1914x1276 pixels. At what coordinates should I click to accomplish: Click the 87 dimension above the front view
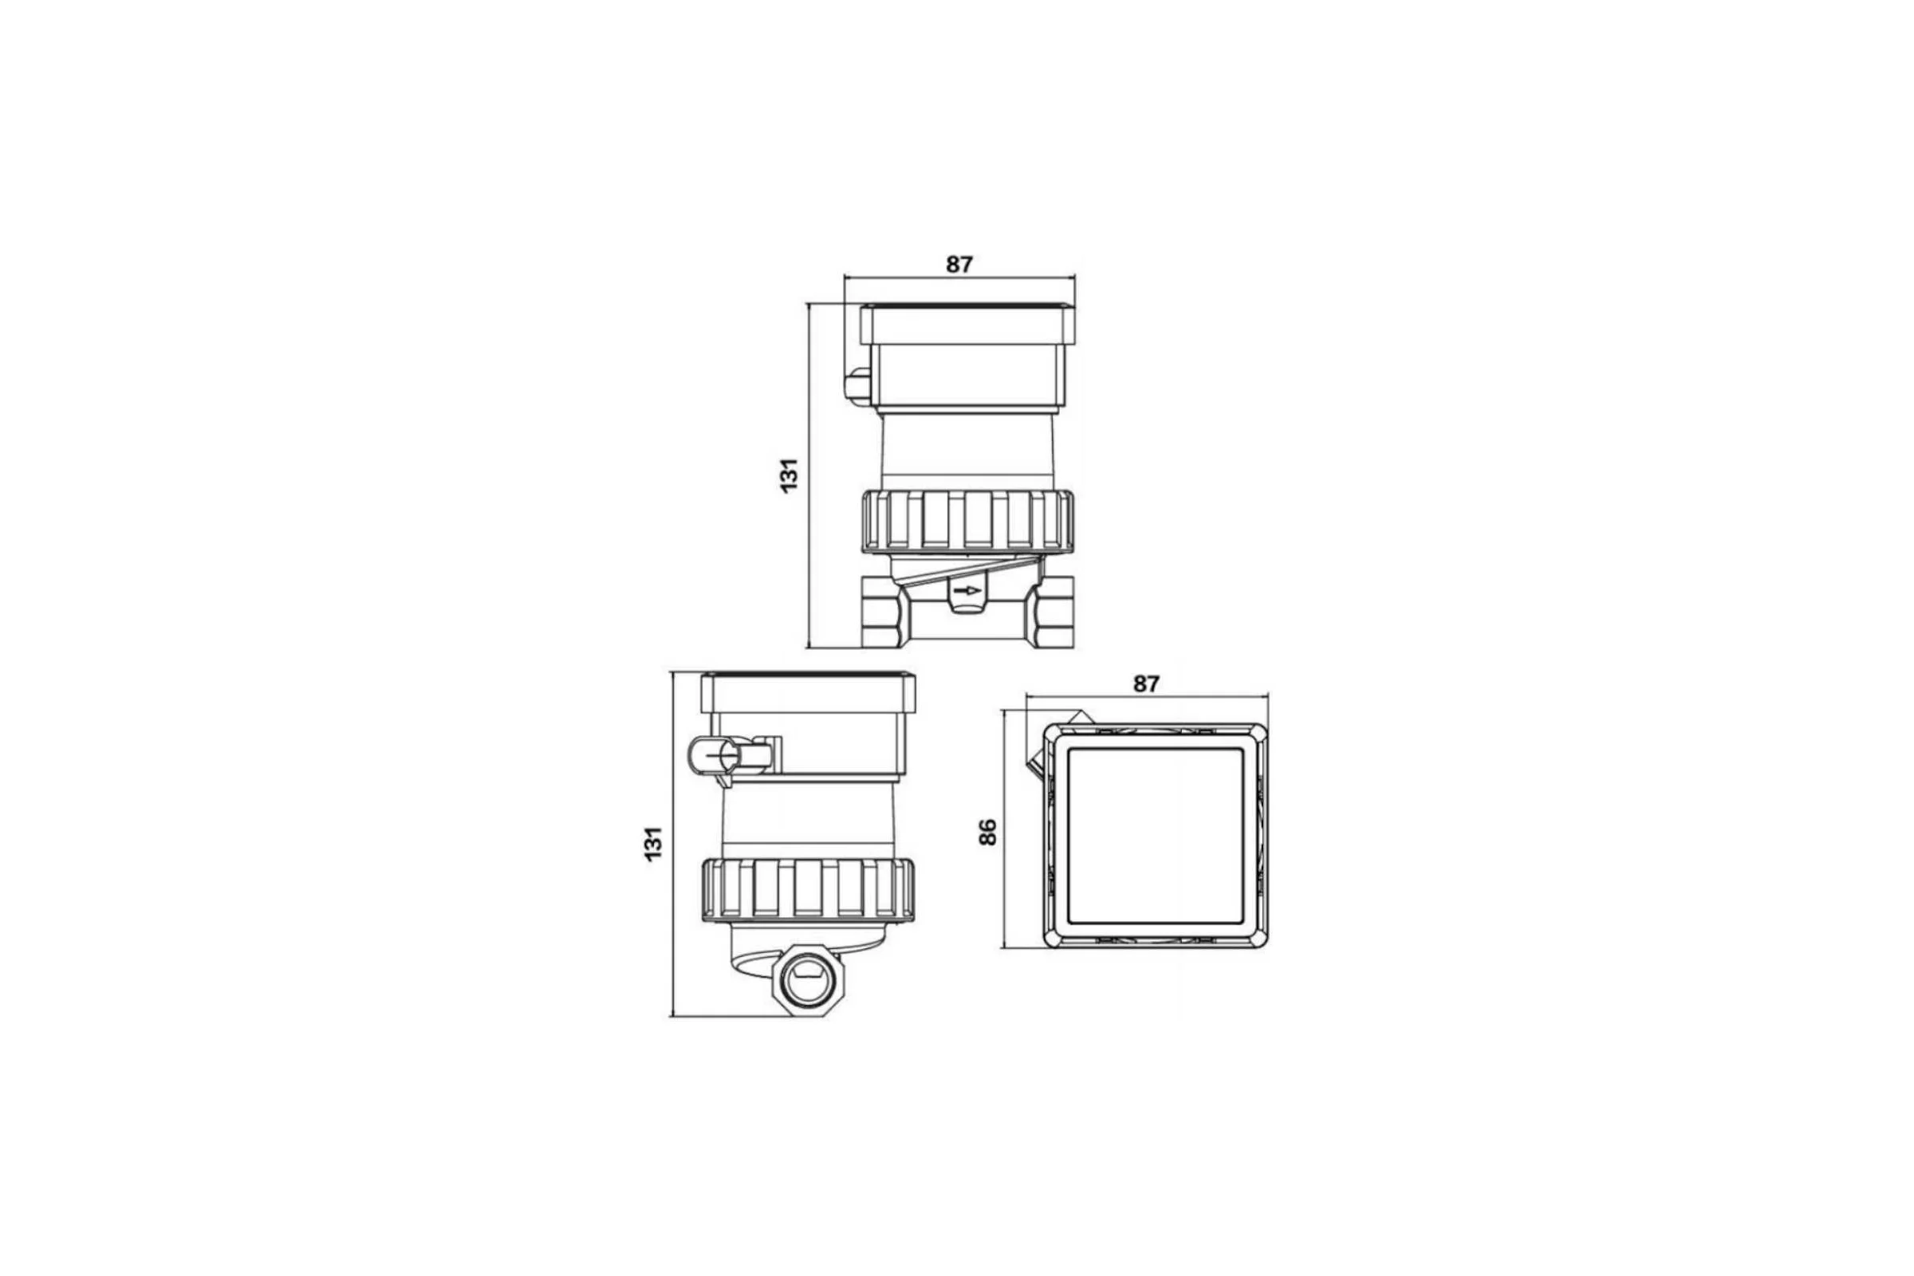point(959,265)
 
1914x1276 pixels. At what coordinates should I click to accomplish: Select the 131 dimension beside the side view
point(653,844)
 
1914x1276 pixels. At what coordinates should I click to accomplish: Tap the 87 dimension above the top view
point(1146,684)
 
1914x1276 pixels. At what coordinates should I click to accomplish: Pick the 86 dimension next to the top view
point(987,833)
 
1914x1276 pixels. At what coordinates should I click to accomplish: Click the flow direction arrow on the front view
point(967,590)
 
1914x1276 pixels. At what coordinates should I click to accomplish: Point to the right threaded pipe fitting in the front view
point(1050,611)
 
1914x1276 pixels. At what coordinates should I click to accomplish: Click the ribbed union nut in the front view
point(967,522)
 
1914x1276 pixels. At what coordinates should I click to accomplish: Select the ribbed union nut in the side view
point(808,889)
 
